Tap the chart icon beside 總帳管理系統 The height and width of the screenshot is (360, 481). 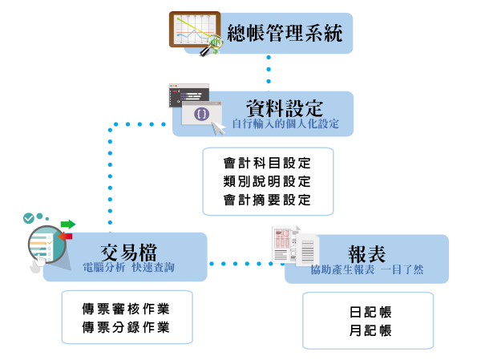click(194, 32)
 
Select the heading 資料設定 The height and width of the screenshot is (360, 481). click(284, 108)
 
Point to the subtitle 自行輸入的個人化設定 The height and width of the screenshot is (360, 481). click(285, 124)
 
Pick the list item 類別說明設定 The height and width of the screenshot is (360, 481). click(268, 181)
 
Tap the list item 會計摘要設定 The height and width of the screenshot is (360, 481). click(268, 200)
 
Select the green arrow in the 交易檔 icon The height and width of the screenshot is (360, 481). click(67, 224)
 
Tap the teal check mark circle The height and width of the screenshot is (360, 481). click(29, 217)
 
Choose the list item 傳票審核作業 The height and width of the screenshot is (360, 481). click(127, 308)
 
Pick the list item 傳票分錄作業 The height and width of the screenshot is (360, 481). click(127, 327)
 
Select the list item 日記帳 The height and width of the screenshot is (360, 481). click(368, 313)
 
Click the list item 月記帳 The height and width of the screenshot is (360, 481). click(368, 331)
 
